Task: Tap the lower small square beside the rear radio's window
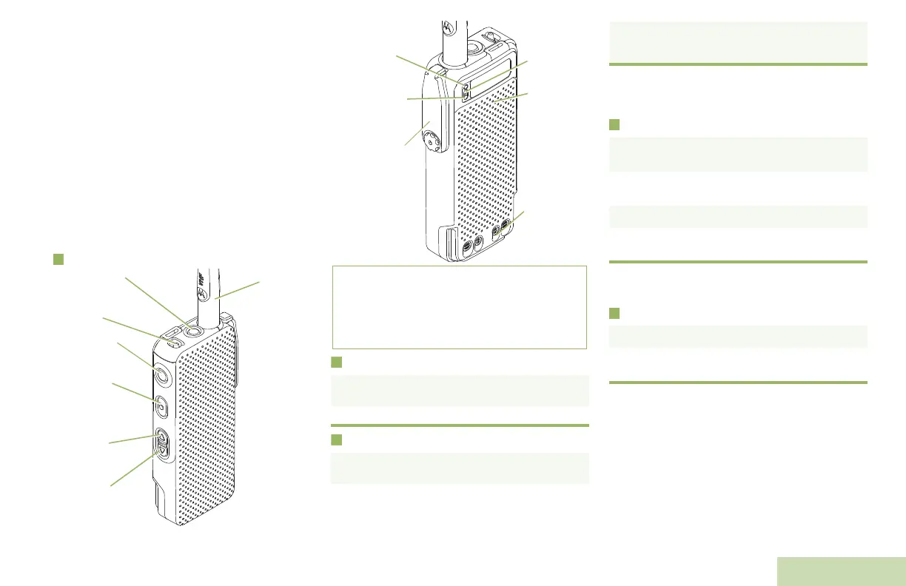click(x=466, y=94)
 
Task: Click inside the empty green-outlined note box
click(x=459, y=307)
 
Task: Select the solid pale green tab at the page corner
click(x=842, y=571)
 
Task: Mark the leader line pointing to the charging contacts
click(x=516, y=220)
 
